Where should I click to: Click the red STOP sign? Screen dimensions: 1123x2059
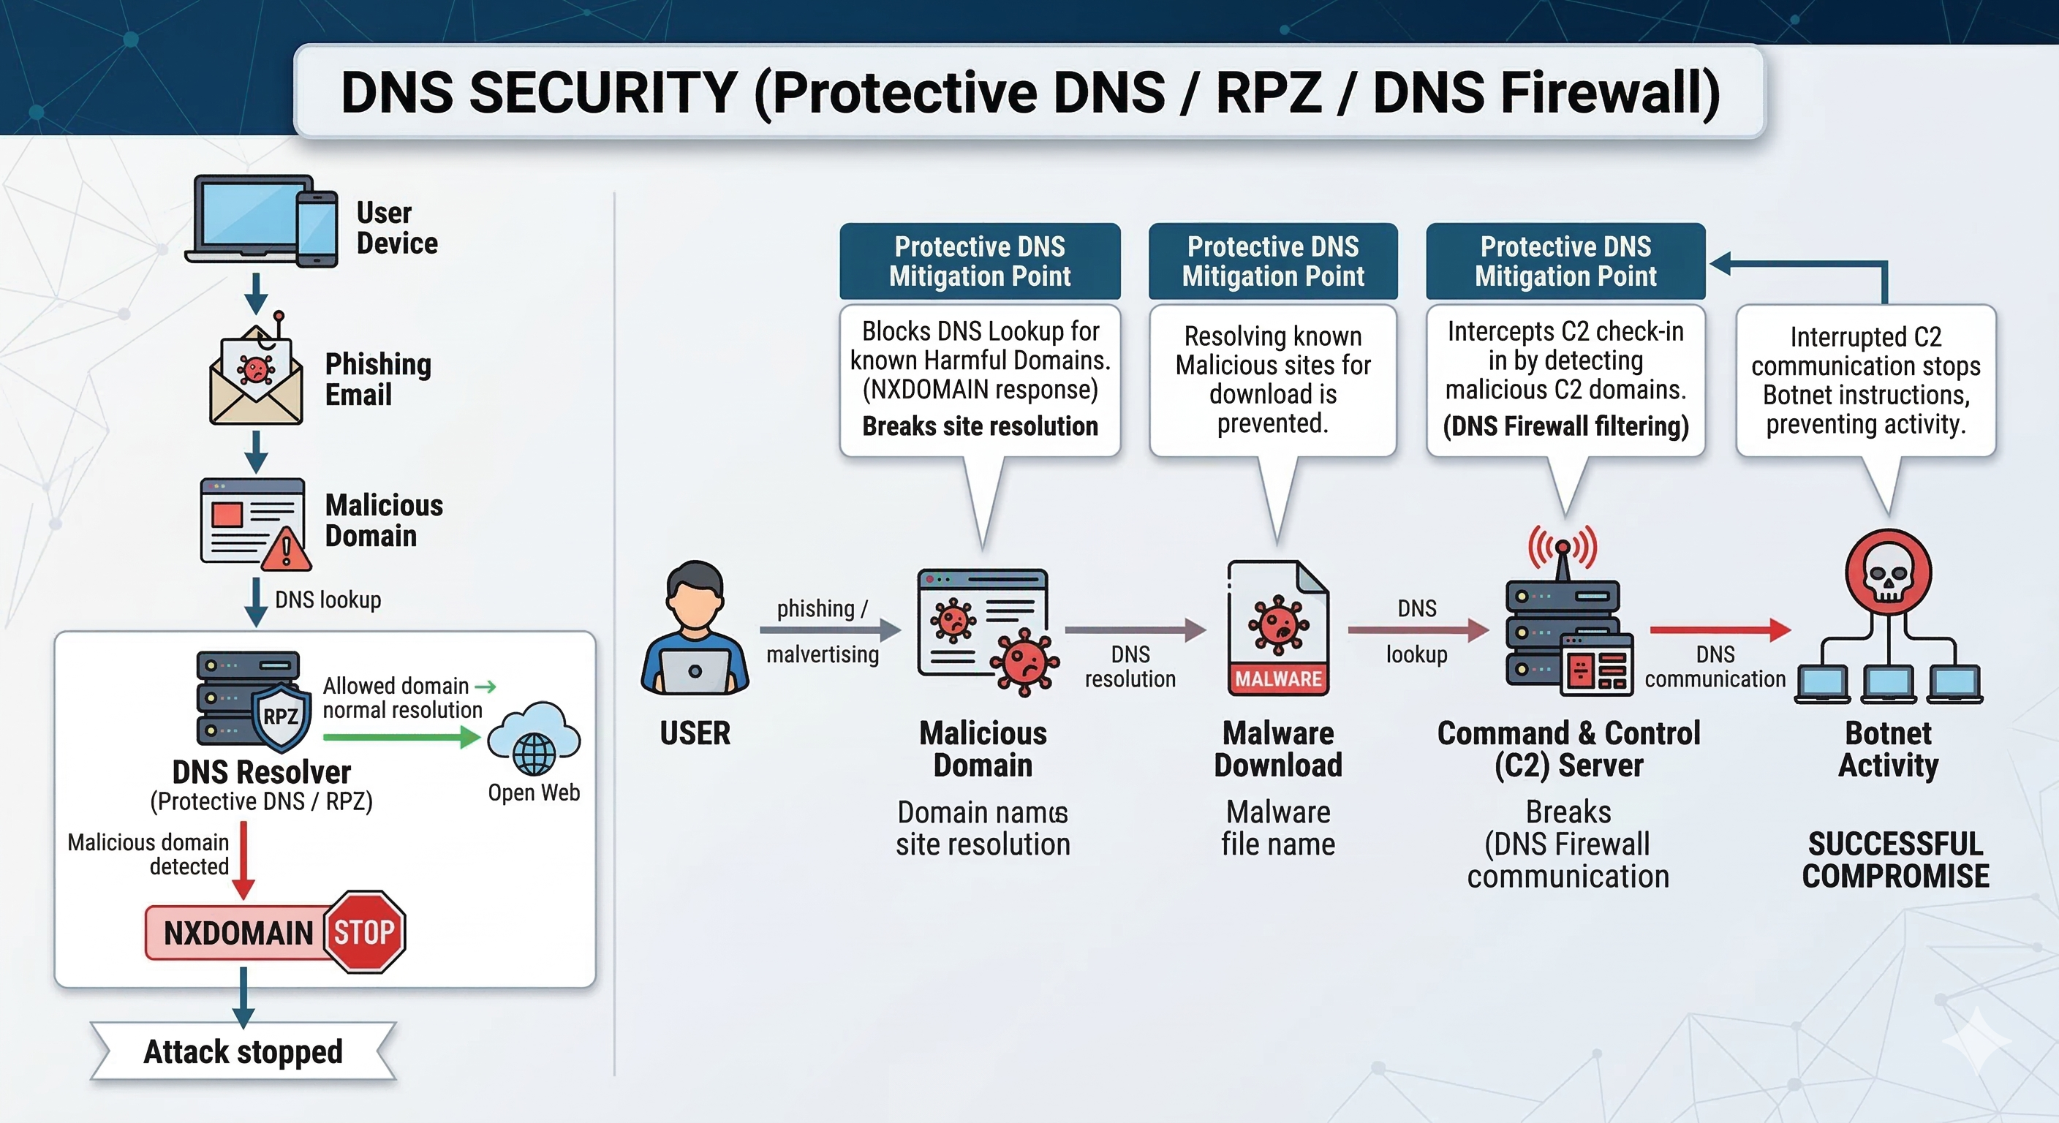364,932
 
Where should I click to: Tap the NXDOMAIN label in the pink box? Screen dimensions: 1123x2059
238,933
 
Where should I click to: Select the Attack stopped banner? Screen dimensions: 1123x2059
243,1052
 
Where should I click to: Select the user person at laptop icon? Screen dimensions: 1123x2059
695,629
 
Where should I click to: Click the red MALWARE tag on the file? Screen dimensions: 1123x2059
1278,678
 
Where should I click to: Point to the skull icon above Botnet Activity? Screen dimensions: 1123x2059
1888,573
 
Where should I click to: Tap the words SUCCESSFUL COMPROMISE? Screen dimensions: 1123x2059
1895,860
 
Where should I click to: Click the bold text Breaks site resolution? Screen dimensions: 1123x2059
980,426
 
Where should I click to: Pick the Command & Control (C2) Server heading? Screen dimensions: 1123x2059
1568,749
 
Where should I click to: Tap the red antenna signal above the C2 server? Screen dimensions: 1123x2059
1563,547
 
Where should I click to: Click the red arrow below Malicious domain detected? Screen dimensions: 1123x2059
243,860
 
